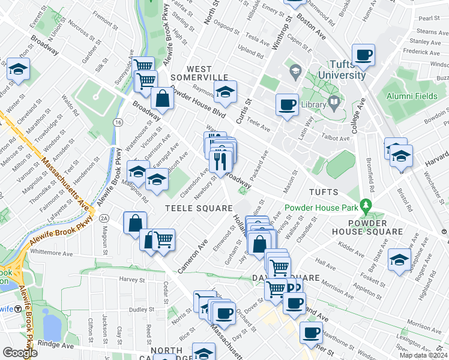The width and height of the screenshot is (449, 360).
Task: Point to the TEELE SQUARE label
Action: [199, 208]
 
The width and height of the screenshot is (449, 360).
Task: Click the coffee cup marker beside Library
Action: [287, 104]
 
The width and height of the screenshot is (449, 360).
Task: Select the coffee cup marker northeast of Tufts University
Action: [363, 55]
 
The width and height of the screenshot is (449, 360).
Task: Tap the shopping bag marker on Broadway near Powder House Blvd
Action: [162, 98]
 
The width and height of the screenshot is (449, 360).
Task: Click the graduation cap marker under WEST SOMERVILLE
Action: [225, 92]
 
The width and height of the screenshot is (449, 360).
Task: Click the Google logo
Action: [20, 352]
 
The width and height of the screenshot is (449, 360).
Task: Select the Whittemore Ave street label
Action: [55, 253]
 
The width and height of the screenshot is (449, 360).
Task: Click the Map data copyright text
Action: [423, 355]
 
